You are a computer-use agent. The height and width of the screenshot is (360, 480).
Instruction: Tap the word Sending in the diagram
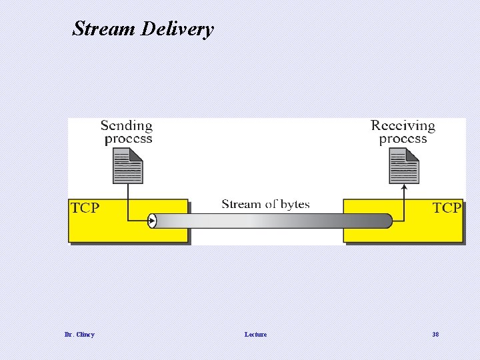tap(126, 125)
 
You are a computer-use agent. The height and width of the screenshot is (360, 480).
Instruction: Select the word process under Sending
tap(128, 139)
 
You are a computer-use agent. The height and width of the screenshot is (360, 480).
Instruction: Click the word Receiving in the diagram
tap(403, 125)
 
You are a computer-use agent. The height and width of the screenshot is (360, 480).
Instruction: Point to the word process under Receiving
tap(403, 139)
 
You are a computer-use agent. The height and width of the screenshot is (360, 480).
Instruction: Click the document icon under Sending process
tap(127, 165)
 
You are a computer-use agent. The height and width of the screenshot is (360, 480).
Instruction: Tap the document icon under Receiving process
tap(403, 165)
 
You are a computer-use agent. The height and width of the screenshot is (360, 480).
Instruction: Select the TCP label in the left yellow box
tap(85, 208)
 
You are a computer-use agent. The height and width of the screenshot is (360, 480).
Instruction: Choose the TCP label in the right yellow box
tap(446, 208)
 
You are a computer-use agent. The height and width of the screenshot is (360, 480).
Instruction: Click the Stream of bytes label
tap(265, 204)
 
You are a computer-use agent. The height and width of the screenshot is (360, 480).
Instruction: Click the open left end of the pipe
tap(152, 221)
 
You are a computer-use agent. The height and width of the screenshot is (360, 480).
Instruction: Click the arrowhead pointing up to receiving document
tap(404, 189)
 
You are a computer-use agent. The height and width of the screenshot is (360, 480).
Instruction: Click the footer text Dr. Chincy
tap(79, 335)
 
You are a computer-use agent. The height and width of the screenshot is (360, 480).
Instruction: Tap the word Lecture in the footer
tap(255, 335)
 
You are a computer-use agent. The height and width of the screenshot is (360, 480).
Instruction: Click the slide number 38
tap(435, 335)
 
